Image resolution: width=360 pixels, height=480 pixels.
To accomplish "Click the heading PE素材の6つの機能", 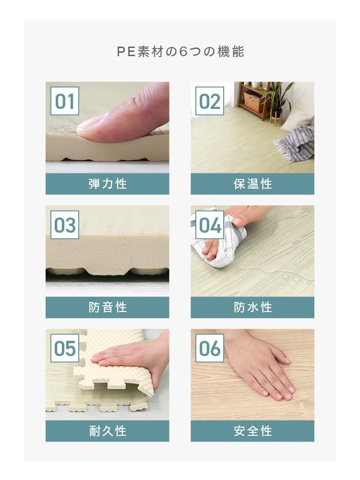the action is [x=180, y=52].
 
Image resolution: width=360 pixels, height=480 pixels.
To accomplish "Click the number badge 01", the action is [x=65, y=101].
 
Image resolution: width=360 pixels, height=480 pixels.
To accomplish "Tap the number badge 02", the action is [x=210, y=101].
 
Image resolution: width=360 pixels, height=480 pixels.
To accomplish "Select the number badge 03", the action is [x=65, y=225].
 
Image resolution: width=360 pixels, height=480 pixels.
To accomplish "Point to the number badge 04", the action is [x=210, y=225].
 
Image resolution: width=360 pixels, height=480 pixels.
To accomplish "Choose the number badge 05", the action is [x=65, y=348].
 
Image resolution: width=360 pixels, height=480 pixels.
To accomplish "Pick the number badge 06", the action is [x=210, y=348].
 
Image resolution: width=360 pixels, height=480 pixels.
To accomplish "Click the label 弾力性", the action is [x=108, y=184].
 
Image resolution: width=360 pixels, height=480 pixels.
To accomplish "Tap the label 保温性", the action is [x=252, y=184].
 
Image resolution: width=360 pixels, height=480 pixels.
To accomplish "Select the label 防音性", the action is [x=108, y=307].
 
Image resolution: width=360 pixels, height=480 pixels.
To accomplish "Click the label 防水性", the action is [x=252, y=307].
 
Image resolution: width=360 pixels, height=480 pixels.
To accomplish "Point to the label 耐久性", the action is [x=108, y=431].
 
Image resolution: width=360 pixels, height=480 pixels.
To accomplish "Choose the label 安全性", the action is [x=252, y=431].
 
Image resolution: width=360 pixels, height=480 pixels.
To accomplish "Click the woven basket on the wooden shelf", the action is [x=252, y=101].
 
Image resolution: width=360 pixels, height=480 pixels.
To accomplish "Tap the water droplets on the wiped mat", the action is [x=291, y=277].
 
